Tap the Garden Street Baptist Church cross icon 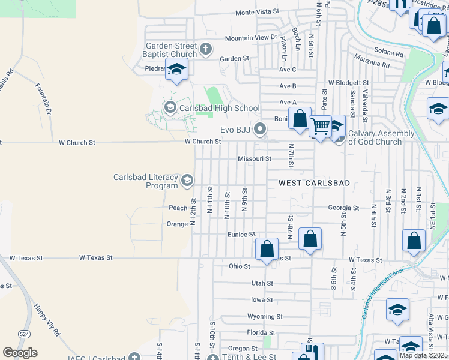tap(206, 49)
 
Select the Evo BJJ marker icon tap(260, 128)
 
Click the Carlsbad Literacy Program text tap(146, 181)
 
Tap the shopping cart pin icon tap(321, 127)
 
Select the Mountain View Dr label tap(250, 38)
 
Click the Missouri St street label tap(255, 159)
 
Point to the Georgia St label tap(343, 208)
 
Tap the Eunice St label tap(241, 235)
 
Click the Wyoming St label tap(264, 316)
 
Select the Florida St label tap(261, 332)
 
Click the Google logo tap(20, 353)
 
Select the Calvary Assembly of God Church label tap(381, 137)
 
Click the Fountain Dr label tap(43, 95)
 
